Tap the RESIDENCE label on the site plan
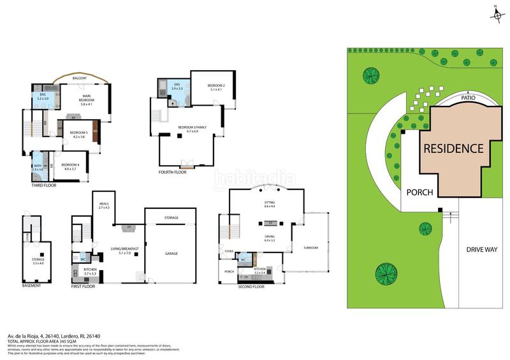click(x=453, y=148)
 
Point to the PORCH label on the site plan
click(x=419, y=192)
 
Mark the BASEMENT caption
click(x=31, y=285)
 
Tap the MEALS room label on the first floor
click(x=104, y=205)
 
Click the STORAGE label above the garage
click(x=171, y=218)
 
